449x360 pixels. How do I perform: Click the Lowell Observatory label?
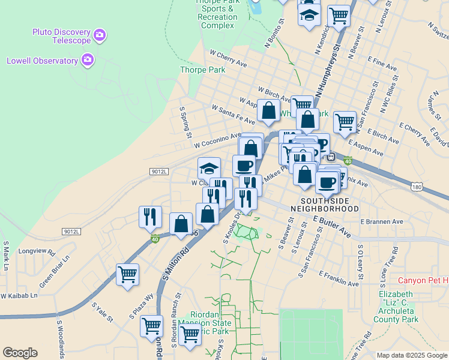pos(42,61)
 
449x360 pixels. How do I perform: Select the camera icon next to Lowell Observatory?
pos(88,59)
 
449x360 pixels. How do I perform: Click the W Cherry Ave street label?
pos(228,58)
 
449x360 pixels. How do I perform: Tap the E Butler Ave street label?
pos(331,227)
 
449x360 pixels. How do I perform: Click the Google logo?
pos(20,353)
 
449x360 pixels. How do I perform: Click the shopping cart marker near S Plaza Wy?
pos(127,275)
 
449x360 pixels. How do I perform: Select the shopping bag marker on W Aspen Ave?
pos(268,110)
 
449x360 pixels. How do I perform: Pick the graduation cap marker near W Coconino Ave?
pos(209,167)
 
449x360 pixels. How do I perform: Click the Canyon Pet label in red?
pos(423,281)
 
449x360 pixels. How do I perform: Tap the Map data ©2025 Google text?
pos(412,355)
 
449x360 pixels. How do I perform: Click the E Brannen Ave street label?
pos(382,221)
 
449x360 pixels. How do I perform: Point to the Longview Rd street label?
pos(37,251)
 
